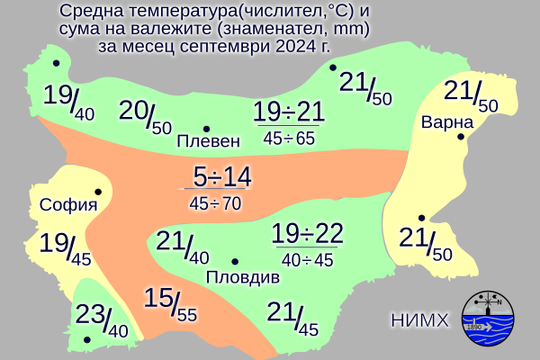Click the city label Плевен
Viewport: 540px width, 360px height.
[x=209, y=141]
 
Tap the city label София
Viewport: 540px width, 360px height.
[x=68, y=204]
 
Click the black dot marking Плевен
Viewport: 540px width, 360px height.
[x=207, y=128]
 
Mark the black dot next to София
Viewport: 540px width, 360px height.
[x=97, y=192]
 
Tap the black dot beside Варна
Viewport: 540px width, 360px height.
[x=460, y=137]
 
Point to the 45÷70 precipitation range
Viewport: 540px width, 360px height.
[x=215, y=203]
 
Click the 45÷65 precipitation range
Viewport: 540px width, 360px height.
[x=289, y=138]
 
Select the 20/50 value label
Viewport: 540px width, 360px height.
[x=145, y=116]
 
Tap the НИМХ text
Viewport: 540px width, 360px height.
[x=420, y=319]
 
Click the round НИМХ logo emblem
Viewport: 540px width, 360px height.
[x=491, y=319]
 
